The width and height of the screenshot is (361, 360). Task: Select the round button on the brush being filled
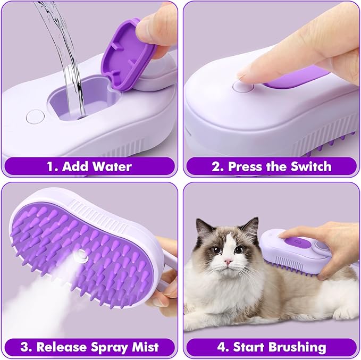[x=34, y=115]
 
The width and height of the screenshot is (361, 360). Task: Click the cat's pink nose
[x=228, y=262]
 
